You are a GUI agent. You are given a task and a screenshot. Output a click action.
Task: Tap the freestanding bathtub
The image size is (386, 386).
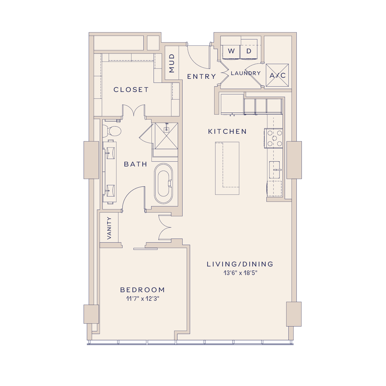point(164,184)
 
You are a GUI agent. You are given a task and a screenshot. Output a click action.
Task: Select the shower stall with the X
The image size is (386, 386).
point(166,136)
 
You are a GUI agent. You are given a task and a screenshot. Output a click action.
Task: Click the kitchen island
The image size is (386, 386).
point(227,168)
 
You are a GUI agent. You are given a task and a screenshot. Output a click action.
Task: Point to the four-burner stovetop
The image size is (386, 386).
point(274,138)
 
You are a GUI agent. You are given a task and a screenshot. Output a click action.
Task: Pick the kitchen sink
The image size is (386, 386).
point(274,170)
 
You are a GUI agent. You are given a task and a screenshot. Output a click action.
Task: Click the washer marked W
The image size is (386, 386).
point(231,51)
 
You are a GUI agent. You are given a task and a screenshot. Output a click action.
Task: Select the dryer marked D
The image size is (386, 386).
point(249,51)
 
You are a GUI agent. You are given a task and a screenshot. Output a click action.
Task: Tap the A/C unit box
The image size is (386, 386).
point(277,75)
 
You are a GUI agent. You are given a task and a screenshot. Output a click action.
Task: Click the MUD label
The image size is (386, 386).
point(172,63)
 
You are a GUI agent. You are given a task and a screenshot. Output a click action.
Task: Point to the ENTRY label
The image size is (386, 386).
point(202,77)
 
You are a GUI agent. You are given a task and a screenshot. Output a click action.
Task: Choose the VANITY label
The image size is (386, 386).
point(109,228)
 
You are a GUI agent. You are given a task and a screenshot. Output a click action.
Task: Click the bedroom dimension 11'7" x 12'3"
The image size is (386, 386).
point(143,299)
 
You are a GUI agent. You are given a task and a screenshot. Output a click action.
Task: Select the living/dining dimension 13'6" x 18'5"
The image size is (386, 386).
point(240,273)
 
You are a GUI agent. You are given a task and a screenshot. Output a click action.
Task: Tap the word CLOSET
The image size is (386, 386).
point(131,90)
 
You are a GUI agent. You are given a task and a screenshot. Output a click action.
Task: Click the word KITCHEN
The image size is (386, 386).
point(227,131)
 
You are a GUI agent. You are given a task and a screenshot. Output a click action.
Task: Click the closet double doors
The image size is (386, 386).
point(134,111)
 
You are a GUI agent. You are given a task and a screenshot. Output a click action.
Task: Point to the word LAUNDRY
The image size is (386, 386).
point(246,73)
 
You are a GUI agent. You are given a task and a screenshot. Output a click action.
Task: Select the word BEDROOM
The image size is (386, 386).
point(143,290)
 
